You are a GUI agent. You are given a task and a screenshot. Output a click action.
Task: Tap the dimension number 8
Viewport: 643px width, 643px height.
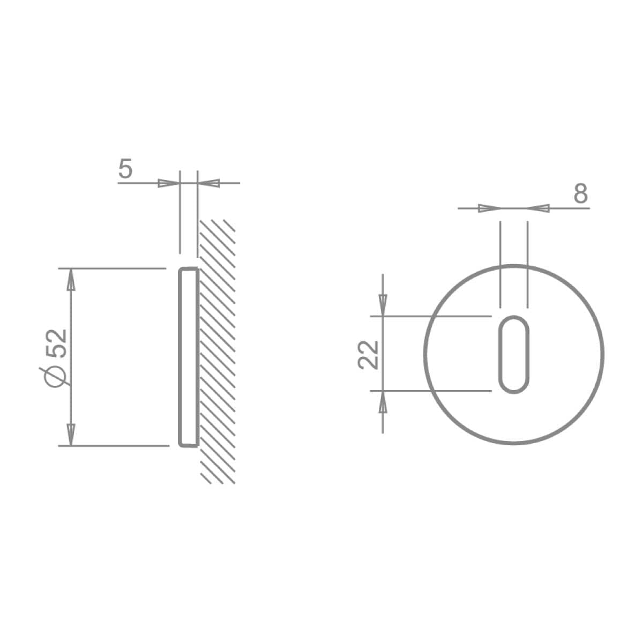pyautogui.click(x=581, y=193)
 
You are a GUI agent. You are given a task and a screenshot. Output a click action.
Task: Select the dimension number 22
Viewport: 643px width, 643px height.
pyautogui.click(x=368, y=355)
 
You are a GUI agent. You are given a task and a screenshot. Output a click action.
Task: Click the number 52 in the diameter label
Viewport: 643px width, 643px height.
pyautogui.click(x=57, y=343)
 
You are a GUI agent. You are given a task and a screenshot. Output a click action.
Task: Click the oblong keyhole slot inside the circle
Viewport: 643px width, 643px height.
pyautogui.click(x=514, y=354)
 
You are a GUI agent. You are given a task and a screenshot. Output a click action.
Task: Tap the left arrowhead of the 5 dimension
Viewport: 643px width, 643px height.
pyautogui.click(x=169, y=183)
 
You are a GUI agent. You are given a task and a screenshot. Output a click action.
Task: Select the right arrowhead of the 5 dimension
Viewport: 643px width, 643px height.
pyautogui.click(x=209, y=183)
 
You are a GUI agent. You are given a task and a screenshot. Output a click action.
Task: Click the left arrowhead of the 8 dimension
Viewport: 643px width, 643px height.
pyautogui.click(x=489, y=208)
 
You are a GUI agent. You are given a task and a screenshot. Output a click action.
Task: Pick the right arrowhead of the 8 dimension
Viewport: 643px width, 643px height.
pyautogui.click(x=538, y=208)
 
